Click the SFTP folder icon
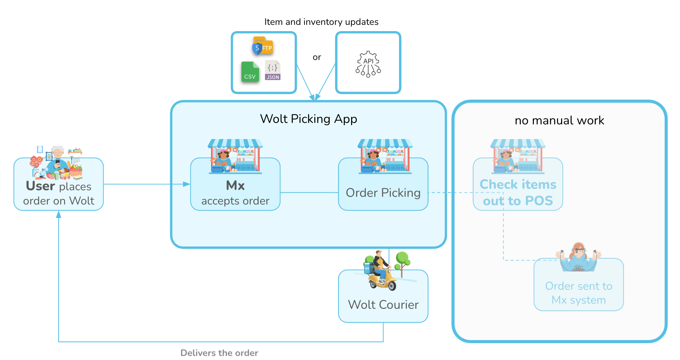click(262, 46)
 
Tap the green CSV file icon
click(250, 71)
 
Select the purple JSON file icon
click(273, 70)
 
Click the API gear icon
click(368, 64)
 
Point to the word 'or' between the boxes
click(317, 57)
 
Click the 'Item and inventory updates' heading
click(321, 22)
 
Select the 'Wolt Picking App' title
click(309, 119)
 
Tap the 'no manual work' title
click(559, 120)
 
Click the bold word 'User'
click(40, 186)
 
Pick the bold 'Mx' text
click(235, 185)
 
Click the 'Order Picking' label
click(383, 193)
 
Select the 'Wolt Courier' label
click(383, 305)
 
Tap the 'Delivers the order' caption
click(219, 353)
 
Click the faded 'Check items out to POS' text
click(518, 192)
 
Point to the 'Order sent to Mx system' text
click(579, 293)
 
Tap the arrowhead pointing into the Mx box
click(187, 184)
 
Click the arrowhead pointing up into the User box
click(59, 215)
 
